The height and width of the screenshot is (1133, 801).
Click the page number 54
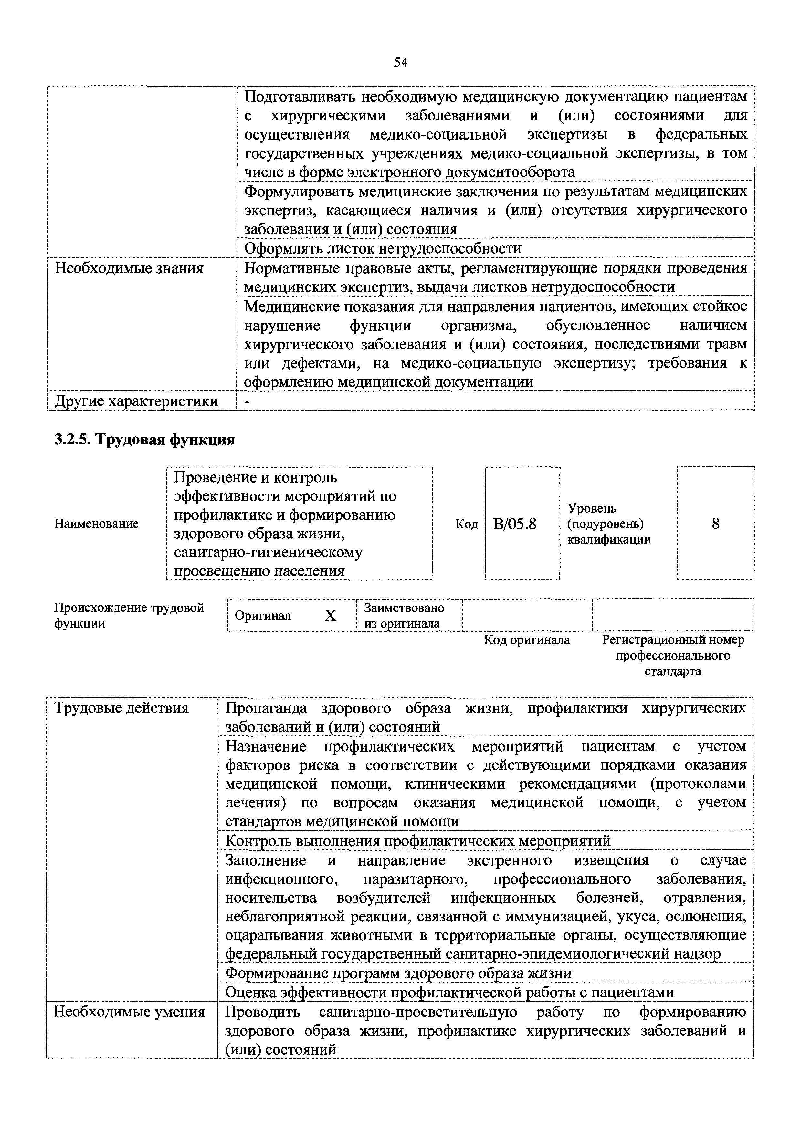pos(400,62)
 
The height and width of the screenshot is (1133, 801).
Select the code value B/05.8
pos(514,524)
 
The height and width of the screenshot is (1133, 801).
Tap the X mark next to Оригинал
pos(330,615)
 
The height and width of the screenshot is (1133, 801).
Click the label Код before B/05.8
pos(466,524)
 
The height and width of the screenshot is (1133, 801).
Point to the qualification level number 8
pos(715,523)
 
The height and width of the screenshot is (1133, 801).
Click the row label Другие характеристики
pos(136,401)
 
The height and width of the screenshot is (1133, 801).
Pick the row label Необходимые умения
pos(129,1012)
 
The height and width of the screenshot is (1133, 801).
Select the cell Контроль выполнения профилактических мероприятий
pos(417,840)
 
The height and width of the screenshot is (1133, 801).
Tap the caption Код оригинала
pos(527,640)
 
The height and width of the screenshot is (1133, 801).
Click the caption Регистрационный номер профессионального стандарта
pos(673,655)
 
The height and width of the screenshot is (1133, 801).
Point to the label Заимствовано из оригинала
pos(404,615)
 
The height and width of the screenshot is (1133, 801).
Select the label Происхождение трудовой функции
pos(129,615)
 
